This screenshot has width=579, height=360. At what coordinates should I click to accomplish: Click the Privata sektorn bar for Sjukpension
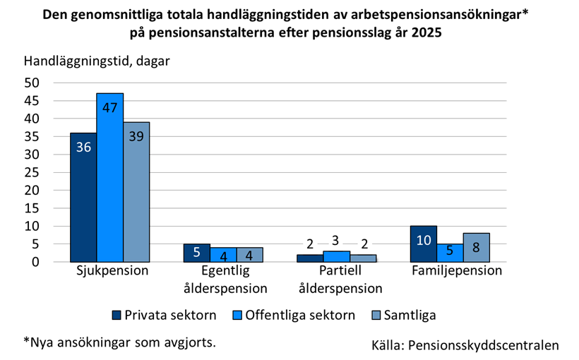83,197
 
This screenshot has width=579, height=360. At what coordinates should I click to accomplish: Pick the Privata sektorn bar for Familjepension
424,244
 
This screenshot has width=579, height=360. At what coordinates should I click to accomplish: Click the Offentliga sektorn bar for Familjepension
450,253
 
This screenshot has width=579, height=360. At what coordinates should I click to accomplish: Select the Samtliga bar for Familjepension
477,247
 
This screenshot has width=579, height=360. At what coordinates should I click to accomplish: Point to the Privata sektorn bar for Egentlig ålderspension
196,253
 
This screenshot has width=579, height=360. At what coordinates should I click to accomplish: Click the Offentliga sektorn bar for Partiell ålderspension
336,256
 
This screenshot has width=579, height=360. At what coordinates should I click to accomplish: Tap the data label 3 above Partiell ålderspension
337,241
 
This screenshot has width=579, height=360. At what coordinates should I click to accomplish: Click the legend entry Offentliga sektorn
293,315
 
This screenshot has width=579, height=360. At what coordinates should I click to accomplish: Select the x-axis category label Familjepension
457,271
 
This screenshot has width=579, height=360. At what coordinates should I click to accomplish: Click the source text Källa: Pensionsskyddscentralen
465,345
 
